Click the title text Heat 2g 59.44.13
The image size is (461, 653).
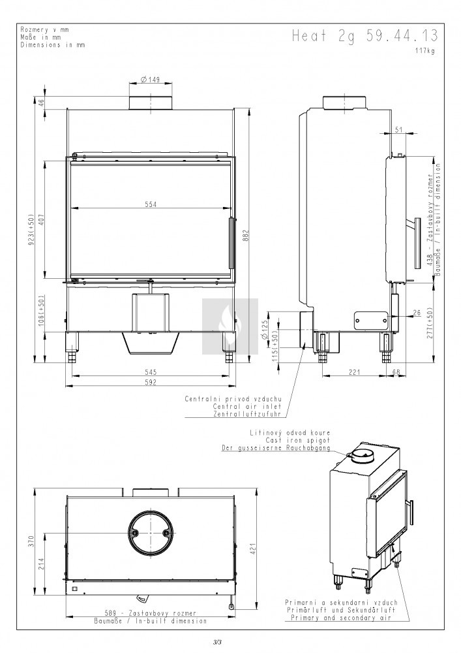click(x=365, y=37)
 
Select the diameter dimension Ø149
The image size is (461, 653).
click(x=151, y=80)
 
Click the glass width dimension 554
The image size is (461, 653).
click(x=151, y=204)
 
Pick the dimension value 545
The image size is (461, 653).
click(x=151, y=372)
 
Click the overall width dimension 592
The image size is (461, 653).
click(x=151, y=383)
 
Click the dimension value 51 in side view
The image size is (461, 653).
click(x=398, y=130)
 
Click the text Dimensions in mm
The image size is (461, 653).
click(x=53, y=45)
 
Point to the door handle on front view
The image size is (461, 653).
click(x=230, y=243)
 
